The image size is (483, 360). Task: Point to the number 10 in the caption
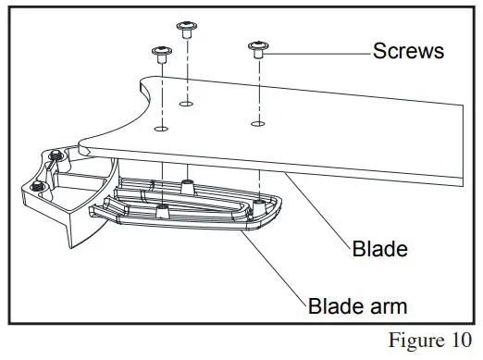[x=455, y=340]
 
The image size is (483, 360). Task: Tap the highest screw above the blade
[x=186, y=28]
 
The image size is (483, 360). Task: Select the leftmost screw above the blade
[x=161, y=53]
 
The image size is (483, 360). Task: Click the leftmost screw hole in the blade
[x=161, y=130]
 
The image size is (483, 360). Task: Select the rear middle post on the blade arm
[x=188, y=182]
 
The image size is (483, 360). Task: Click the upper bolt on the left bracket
[x=56, y=155]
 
